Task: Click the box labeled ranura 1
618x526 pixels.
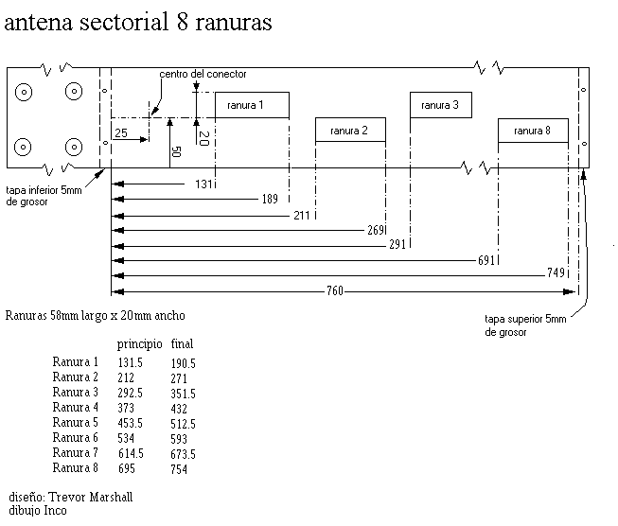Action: coord(252,105)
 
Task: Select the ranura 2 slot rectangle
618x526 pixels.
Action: coord(350,130)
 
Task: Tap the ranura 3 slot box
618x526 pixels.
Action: coord(440,105)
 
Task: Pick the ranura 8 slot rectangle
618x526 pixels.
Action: coord(533,131)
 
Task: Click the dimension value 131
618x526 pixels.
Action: coord(204,184)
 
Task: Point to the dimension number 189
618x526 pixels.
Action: coord(268,199)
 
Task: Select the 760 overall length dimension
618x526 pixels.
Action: coord(334,289)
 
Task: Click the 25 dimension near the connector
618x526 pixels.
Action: coord(120,133)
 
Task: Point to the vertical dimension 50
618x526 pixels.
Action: coord(175,150)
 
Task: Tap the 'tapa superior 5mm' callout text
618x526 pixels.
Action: coord(525,325)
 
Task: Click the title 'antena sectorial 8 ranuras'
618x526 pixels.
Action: coord(139,24)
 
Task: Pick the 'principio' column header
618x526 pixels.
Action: coord(139,343)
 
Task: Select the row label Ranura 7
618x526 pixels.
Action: coord(76,453)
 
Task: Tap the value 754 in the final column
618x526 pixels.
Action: coord(181,468)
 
